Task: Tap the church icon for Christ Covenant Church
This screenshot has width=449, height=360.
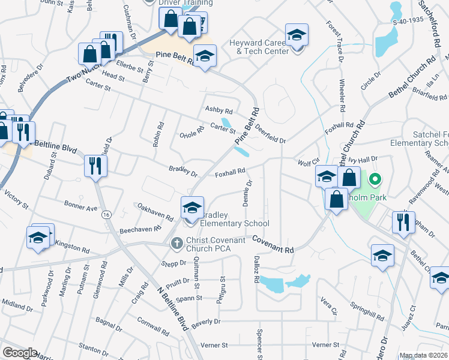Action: coord(176,244)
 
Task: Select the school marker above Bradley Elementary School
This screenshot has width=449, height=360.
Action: coord(192,208)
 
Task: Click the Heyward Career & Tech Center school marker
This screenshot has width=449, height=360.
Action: coord(296,35)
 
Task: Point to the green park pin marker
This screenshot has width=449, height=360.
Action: coord(375,179)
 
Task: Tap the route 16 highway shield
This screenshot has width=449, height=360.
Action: coord(106,215)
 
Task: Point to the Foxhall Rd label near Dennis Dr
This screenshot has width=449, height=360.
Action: coord(230,172)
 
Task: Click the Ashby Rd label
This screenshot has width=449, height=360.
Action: coord(218,110)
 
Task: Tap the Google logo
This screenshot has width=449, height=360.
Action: coord(19,353)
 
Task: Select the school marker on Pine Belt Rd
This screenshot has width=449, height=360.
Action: coord(205,58)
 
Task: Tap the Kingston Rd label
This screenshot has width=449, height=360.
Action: coord(73,246)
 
